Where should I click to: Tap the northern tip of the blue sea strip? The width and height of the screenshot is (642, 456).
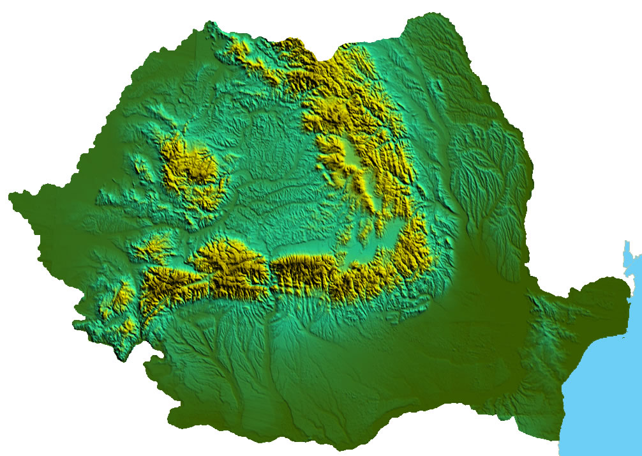[627, 243]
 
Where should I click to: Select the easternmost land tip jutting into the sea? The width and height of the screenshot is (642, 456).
[632, 281]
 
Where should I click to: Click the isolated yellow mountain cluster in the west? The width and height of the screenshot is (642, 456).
[191, 172]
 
